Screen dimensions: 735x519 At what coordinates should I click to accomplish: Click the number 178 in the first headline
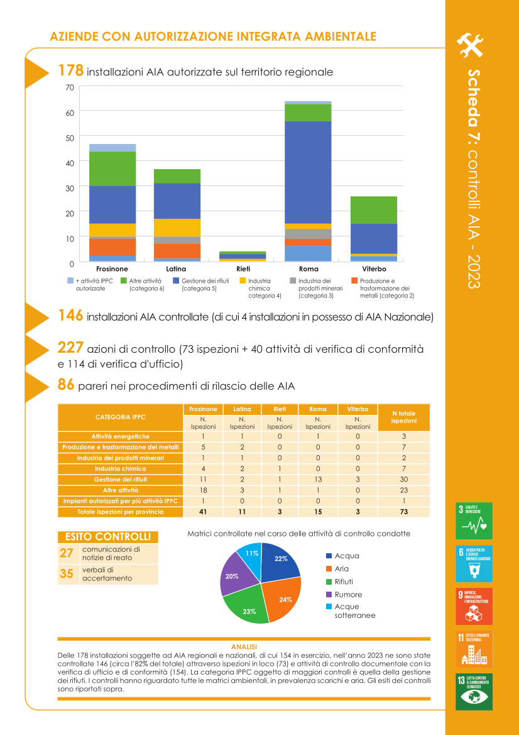70,70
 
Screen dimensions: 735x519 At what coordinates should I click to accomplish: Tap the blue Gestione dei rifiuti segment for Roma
308,172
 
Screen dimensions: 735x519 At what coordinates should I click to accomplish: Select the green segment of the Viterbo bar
373,210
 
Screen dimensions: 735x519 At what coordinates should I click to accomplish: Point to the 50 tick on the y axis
70,138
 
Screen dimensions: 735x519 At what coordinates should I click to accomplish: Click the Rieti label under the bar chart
243,269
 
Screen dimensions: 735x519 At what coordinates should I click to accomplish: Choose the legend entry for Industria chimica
259,288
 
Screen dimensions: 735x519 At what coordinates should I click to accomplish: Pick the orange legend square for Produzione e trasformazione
354,280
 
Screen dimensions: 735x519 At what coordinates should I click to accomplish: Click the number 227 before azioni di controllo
70,347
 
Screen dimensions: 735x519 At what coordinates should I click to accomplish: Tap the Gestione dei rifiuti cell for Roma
318,479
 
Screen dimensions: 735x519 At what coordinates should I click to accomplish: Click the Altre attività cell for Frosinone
204,490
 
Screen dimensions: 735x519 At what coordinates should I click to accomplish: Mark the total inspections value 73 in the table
403,512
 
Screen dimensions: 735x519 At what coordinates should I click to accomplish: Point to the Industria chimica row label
121,468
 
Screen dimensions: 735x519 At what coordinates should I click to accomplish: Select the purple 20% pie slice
234,575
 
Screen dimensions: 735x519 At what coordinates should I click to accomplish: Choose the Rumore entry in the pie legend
347,594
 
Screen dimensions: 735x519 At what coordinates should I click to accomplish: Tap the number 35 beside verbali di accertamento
67,573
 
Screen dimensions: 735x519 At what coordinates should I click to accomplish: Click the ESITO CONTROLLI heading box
107,537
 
